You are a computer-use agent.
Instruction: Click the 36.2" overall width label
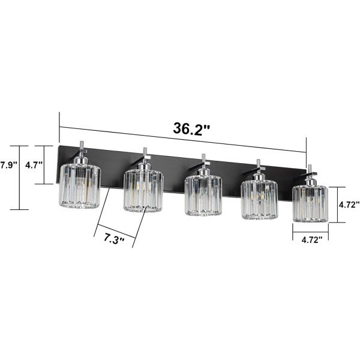coord(191,128)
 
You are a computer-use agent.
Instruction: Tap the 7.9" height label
coord(9,165)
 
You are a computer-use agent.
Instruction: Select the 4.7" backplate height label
coord(34,165)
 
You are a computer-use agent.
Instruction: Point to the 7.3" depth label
coord(114,239)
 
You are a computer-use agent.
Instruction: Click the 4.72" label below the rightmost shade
coord(312,240)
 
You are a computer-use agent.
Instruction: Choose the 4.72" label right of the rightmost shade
coord(349,205)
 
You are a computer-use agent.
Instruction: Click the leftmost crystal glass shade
coord(80,186)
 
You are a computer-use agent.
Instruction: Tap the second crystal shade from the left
coord(143,191)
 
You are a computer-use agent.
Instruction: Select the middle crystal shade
coord(203,196)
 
